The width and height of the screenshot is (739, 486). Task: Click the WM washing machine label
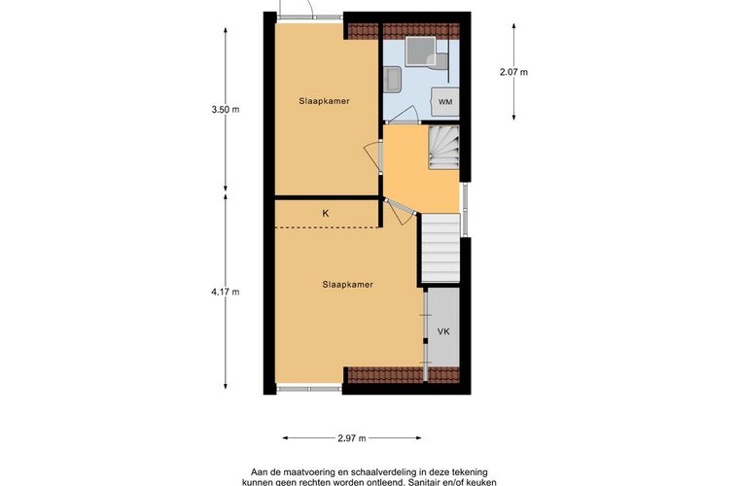(444, 102)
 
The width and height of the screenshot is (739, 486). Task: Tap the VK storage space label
(443, 331)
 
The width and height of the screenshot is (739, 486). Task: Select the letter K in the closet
(326, 212)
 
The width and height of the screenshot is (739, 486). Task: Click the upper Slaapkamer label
(326, 101)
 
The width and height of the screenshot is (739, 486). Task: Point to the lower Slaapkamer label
(348, 285)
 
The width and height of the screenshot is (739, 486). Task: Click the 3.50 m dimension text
(226, 110)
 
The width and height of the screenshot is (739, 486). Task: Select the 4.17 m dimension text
(226, 292)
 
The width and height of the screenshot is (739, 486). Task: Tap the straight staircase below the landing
(440, 249)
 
